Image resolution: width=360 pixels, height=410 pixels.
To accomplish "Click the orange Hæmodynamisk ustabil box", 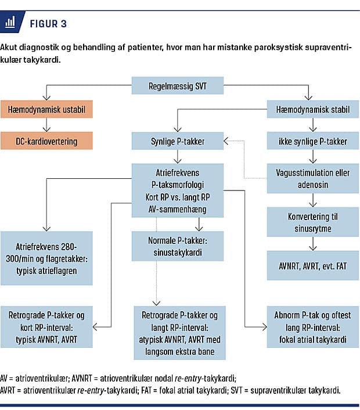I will click(46, 109).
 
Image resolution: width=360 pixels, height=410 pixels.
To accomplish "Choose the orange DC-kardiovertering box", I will click(46, 141).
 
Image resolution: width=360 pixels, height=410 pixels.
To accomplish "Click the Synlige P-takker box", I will click(177, 141).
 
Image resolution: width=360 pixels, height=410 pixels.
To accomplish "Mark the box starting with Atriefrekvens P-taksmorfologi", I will click(177, 190).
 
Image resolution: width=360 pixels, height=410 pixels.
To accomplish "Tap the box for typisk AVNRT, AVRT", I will click(46, 327).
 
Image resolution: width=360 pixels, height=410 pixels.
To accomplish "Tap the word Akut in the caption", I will click(10, 48).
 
